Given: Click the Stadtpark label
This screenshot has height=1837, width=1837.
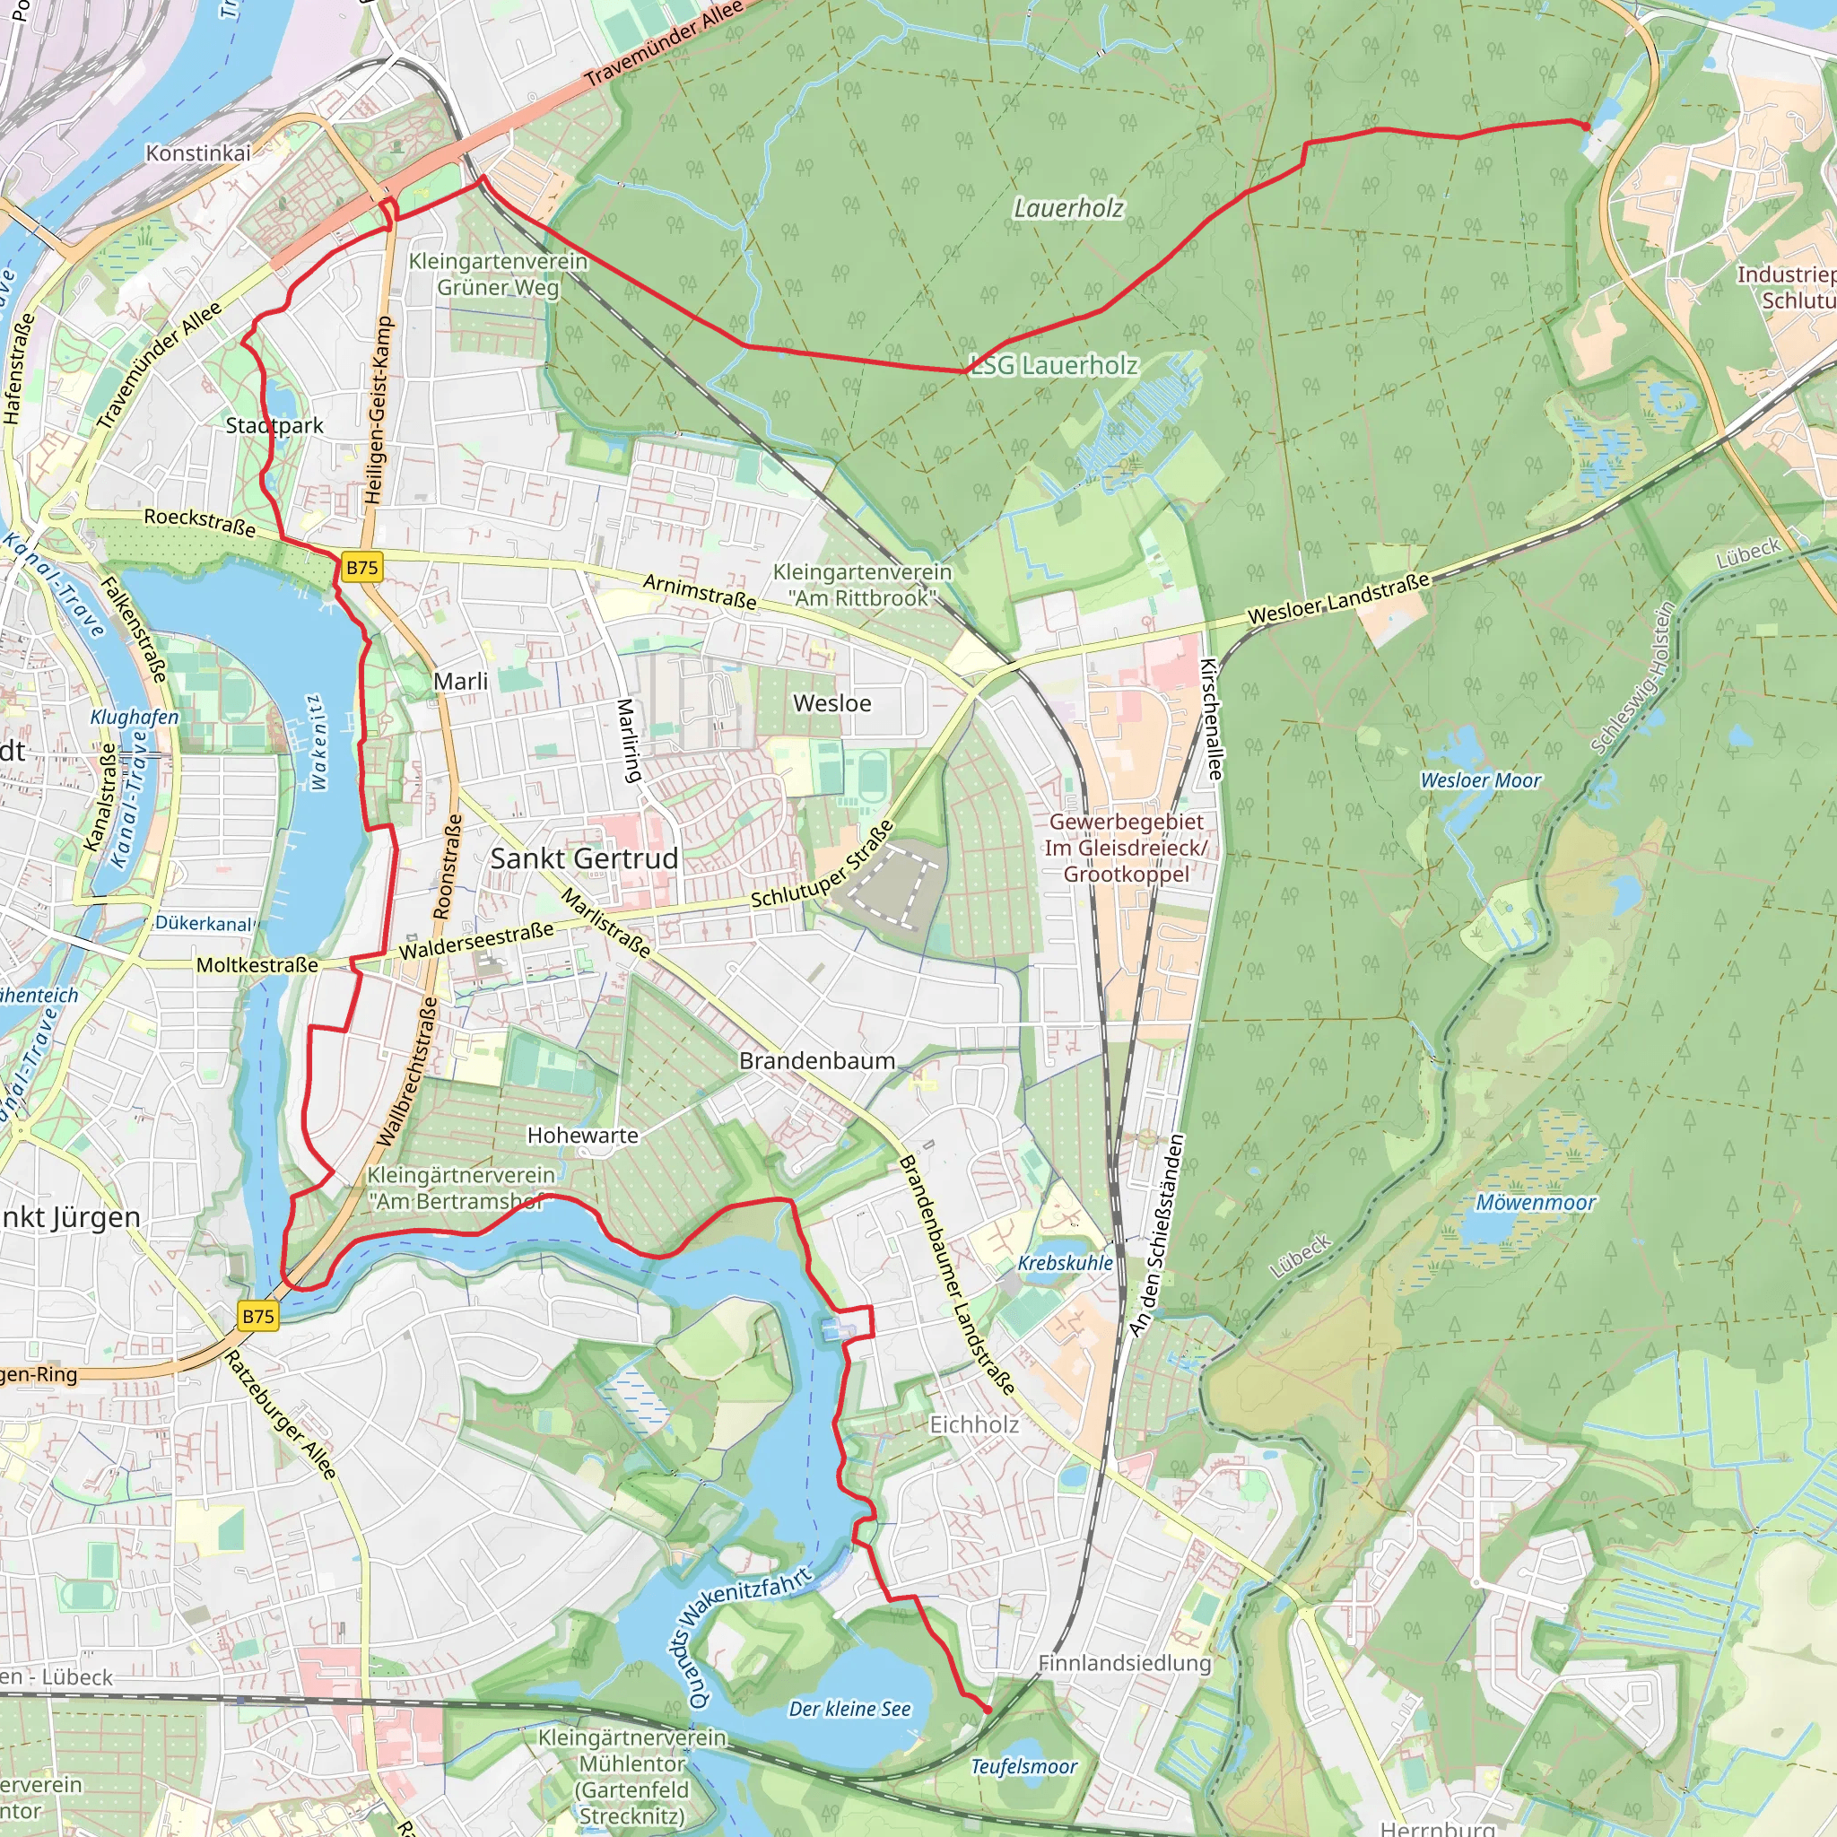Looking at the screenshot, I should point(274,425).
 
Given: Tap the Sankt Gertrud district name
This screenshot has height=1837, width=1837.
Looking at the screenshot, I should point(584,858).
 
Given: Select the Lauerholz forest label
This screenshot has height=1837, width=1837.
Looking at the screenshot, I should point(1068,208).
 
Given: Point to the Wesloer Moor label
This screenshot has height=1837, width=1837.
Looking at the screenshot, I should point(1480,780).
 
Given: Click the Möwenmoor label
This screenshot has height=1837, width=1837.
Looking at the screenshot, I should point(1535,1203).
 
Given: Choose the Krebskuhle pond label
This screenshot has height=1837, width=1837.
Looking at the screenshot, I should point(1065,1263).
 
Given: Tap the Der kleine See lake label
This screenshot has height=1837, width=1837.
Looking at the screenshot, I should point(850,1709).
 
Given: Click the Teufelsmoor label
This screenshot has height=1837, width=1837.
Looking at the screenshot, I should point(1024,1767).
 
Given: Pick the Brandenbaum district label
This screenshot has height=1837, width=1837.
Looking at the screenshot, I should point(818,1060).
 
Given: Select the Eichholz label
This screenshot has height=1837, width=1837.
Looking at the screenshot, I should point(973,1424).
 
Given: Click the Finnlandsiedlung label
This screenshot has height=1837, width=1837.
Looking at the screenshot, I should point(1125,1663).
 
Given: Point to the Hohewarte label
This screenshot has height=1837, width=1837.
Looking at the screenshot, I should point(583,1135).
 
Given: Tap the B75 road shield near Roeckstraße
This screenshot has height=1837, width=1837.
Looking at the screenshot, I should point(361,568).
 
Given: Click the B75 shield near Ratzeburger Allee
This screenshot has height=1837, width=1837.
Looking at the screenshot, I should point(257,1316).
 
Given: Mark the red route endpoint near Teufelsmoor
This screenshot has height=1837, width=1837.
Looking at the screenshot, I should point(988,1710).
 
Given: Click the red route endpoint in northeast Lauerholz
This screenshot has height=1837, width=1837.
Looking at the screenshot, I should point(1586,126).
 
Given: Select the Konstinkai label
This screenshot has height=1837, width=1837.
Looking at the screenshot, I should point(197,152).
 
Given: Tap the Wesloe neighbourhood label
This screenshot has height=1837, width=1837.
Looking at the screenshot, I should point(832,702).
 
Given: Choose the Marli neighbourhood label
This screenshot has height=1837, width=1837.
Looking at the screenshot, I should point(460,681).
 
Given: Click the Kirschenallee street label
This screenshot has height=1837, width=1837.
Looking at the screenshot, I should point(1210,719).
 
